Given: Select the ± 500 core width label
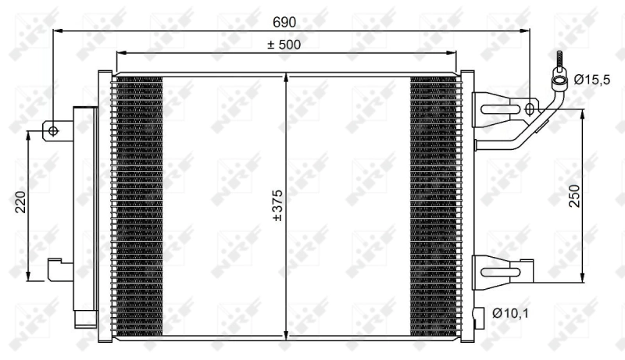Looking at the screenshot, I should pos(284,45).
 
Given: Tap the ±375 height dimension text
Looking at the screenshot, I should pos(276,205).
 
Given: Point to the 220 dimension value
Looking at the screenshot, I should pos(20,201).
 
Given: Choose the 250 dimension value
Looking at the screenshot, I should pos(573,195).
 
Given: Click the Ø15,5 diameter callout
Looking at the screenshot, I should pos(591,79).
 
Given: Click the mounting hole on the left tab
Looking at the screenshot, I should pos(53,130).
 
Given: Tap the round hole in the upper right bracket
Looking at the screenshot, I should pos(530,109).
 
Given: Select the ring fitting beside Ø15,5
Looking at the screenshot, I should pos(560,77).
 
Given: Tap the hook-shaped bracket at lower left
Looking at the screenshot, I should pos(59,269).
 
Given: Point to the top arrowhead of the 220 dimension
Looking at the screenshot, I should pos(29,135).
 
